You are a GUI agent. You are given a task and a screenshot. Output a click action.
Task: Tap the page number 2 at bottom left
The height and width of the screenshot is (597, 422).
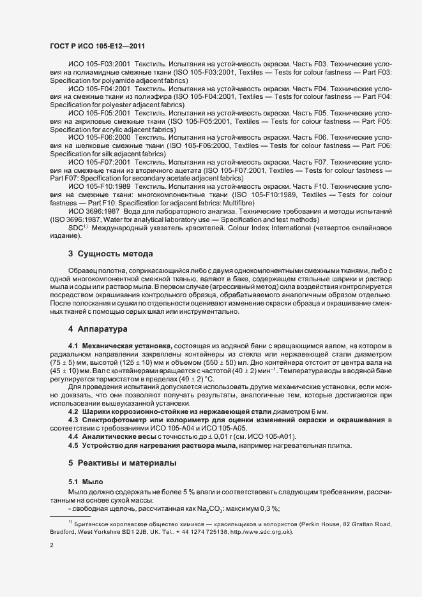[52, 546]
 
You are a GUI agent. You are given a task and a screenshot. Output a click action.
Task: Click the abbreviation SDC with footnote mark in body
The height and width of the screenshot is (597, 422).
[77, 227]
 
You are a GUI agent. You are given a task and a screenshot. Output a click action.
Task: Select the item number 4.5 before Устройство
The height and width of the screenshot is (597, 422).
[73, 445]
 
